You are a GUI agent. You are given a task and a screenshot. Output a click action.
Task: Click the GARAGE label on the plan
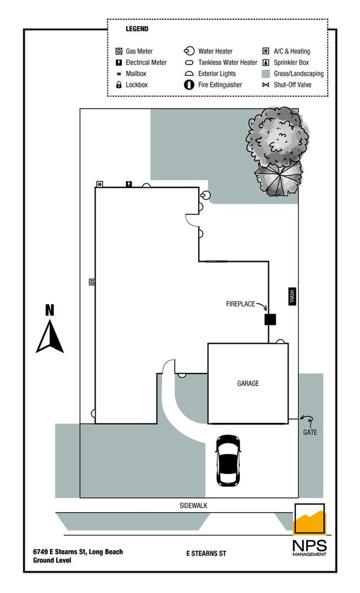(x=248, y=383)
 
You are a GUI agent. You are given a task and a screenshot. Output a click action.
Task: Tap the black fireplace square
(x=270, y=319)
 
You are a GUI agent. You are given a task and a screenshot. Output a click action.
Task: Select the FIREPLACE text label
(x=240, y=304)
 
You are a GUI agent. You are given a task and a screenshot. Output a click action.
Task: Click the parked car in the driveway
(x=228, y=461)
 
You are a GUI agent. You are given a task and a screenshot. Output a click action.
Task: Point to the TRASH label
(x=292, y=296)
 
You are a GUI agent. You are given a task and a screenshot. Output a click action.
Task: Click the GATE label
(x=310, y=432)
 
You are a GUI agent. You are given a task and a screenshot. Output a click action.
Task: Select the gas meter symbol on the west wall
(x=92, y=282)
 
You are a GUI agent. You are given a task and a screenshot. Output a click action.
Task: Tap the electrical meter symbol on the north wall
(x=129, y=184)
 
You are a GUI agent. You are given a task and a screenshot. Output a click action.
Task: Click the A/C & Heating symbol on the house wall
(x=100, y=184)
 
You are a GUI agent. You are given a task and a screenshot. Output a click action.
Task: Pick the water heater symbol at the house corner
(x=205, y=195)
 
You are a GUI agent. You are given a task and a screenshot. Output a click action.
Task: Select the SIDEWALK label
(x=193, y=505)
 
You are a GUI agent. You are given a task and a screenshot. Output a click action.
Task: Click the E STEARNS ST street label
(x=206, y=553)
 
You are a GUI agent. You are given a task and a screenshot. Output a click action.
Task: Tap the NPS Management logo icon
(x=310, y=520)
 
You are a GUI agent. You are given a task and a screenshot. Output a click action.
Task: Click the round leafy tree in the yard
(x=277, y=136)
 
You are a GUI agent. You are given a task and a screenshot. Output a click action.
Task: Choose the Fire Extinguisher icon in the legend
(x=189, y=85)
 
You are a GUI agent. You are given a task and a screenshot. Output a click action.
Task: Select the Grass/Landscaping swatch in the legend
(x=266, y=74)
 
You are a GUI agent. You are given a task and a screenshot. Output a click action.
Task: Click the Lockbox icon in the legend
(x=119, y=85)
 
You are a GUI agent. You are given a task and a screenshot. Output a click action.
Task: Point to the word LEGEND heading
(x=137, y=28)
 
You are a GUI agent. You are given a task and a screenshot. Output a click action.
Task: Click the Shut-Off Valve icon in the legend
(x=266, y=85)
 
